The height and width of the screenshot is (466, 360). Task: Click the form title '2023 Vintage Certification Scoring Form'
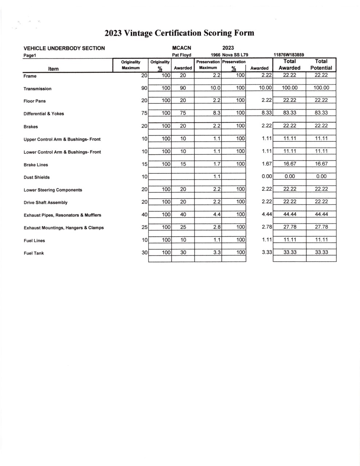(179, 33)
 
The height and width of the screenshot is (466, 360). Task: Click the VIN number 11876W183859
(289, 55)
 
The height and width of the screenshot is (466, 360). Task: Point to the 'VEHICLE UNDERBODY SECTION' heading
(64, 48)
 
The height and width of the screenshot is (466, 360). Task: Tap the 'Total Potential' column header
(321, 64)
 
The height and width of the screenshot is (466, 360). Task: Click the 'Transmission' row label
(37, 89)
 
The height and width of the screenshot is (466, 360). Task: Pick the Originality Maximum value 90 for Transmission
(144, 88)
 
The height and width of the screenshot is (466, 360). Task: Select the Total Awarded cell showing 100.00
(289, 88)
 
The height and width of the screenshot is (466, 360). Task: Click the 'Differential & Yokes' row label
(44, 114)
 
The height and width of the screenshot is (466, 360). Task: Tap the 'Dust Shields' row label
(37, 177)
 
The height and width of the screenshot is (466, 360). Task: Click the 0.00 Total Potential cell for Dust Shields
(321, 176)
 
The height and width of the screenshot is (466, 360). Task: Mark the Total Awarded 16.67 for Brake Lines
(289, 164)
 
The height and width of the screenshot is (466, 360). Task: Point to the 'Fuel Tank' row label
(34, 253)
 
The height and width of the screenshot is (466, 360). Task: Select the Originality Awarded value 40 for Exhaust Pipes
(183, 214)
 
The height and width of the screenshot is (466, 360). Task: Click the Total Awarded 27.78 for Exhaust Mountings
(289, 227)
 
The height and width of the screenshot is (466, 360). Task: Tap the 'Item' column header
(53, 69)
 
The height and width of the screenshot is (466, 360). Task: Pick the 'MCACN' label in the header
(181, 48)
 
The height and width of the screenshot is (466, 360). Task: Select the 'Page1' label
(31, 55)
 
